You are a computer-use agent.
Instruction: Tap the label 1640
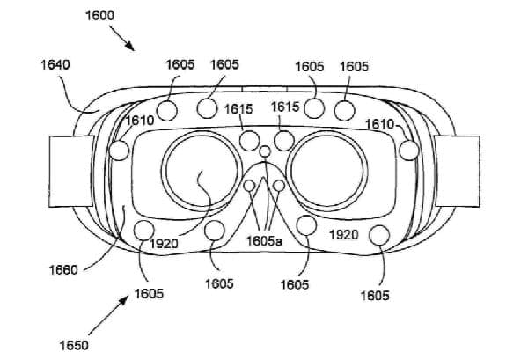coord(55,64)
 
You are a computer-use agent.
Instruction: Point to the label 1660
coord(58,269)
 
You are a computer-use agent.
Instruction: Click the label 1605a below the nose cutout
coord(263,240)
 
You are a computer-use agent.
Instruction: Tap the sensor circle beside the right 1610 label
coord(409,151)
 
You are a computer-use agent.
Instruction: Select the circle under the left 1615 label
coord(251,139)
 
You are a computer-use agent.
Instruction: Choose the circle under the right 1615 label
coord(283,139)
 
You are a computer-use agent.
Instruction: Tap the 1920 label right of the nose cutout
coord(343,235)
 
